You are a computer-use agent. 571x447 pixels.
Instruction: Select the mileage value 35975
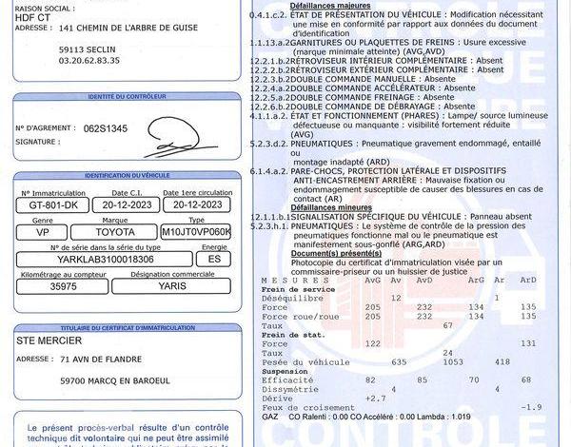[64, 284]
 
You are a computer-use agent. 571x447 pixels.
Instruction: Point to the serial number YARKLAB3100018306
[106, 258]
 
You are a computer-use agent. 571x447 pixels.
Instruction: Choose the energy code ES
[214, 258]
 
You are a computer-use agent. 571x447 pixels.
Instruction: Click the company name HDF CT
[30, 15]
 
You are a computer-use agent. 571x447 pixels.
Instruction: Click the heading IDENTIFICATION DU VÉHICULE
[127, 177]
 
